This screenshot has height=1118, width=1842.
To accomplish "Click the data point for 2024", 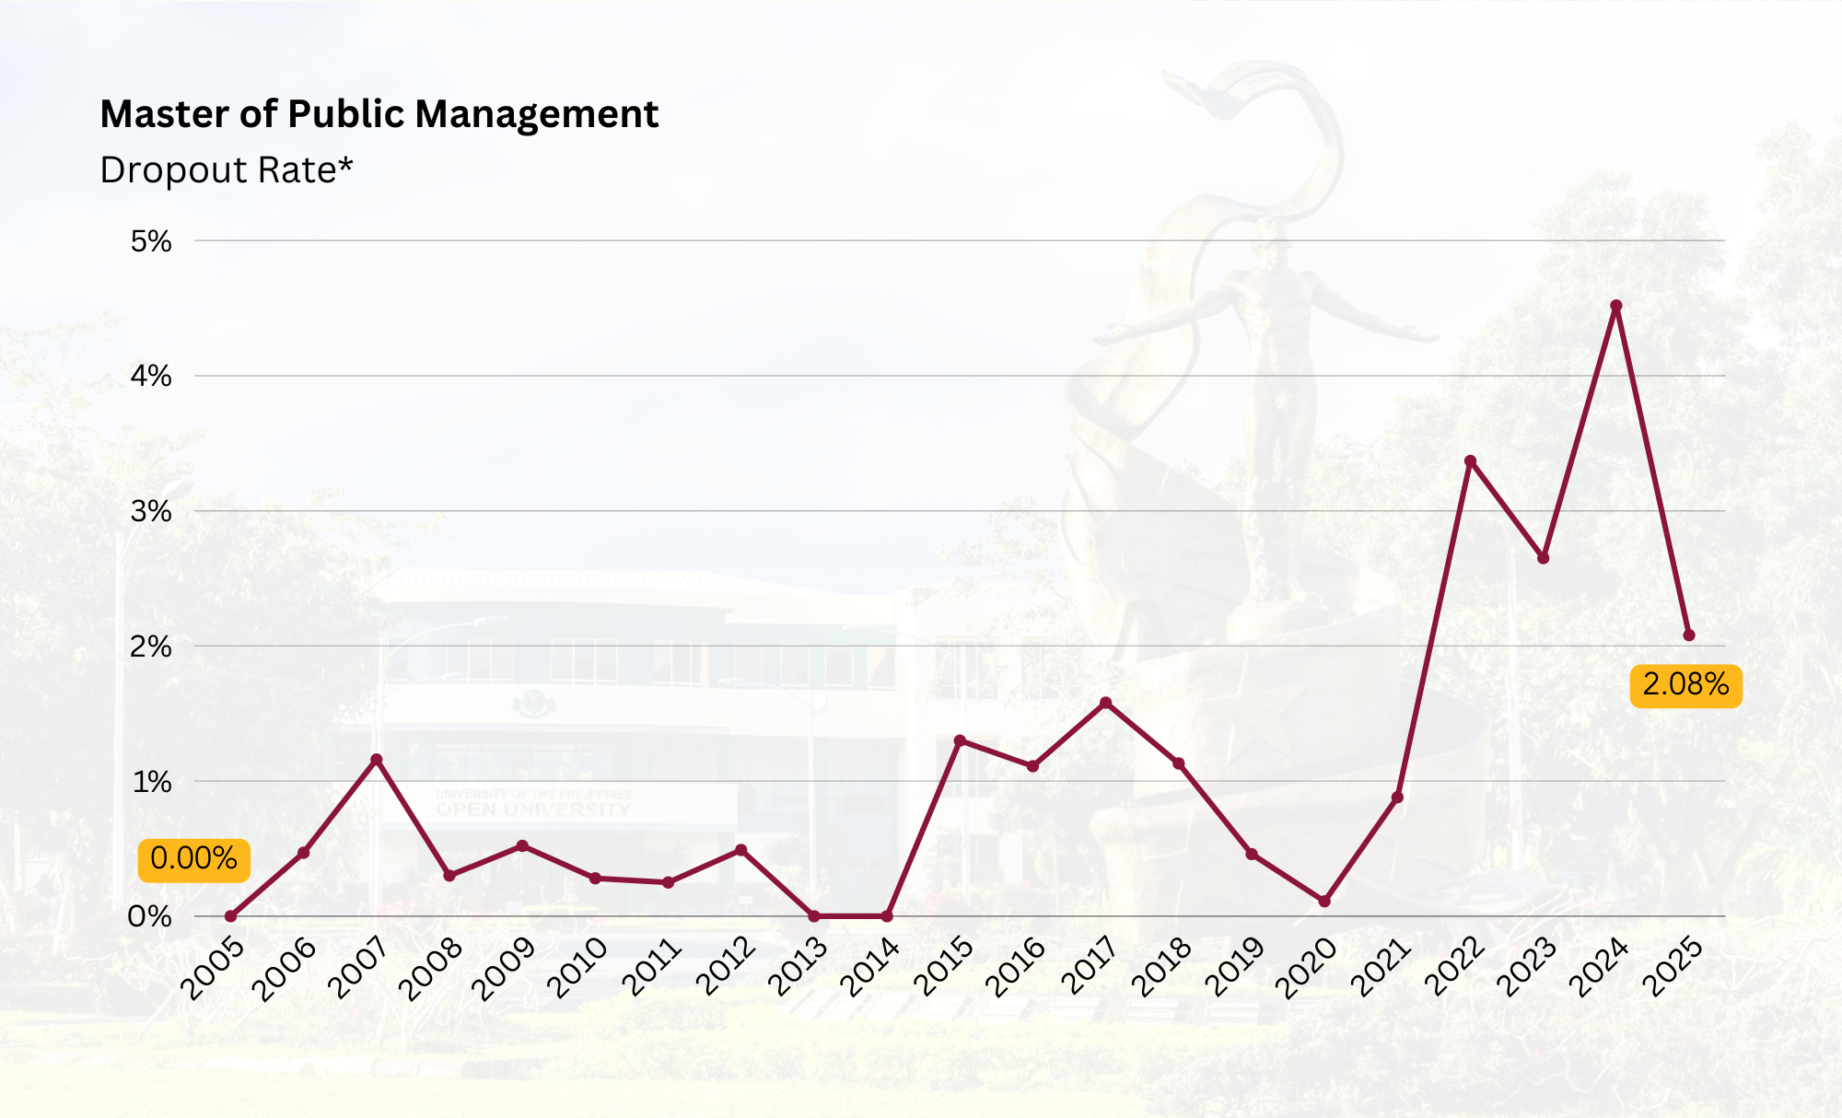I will coord(1615,306).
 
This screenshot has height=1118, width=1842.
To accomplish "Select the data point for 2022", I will coord(1470,461).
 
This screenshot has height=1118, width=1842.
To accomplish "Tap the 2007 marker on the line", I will coord(376,760).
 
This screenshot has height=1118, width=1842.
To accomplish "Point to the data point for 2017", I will coord(1105,703).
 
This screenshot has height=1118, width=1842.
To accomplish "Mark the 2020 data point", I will coord(1324,901).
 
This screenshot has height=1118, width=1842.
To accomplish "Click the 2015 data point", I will coord(960,740).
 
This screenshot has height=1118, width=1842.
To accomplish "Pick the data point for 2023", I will coord(1543,558).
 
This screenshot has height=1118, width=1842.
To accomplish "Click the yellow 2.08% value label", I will coord(1685,685).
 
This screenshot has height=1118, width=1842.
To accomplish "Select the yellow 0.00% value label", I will coord(193,859).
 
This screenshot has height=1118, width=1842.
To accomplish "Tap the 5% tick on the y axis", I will coord(151,241).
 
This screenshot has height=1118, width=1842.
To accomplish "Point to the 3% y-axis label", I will coord(151,511).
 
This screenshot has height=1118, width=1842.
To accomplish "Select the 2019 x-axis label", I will coord(1235,967).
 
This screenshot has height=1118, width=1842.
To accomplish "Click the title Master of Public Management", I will coord(379,114).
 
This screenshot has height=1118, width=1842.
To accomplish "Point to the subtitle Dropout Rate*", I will coord(227,170).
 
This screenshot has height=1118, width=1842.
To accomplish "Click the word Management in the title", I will coord(536,114).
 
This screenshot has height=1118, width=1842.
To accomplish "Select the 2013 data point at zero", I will coord(813,916).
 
